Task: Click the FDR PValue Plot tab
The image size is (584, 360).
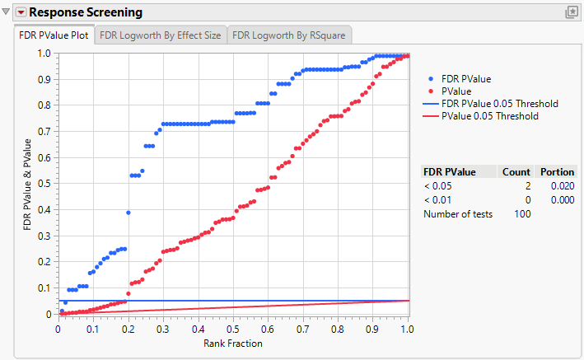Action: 54,35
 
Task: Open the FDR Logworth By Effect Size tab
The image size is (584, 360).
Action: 161,35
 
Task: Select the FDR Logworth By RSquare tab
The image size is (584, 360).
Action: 289,35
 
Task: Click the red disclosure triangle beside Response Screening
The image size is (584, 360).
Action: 21,12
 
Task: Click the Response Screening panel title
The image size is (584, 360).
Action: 86,12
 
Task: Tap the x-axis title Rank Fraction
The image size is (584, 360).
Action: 233,343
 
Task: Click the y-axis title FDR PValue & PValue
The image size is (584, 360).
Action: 28,184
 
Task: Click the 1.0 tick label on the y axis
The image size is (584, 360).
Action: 44,54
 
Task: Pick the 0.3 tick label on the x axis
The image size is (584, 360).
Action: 163,329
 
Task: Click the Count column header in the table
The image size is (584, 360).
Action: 516,172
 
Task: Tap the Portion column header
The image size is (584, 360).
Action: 558,172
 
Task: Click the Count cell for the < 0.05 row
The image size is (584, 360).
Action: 525,186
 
